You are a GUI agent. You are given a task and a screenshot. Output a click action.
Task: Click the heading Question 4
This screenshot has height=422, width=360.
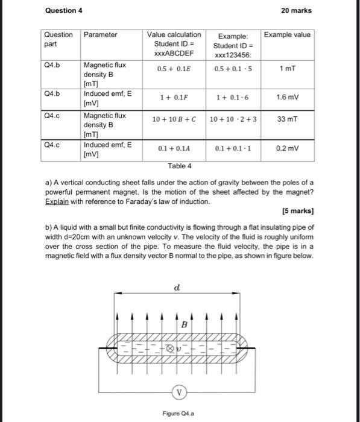coord(64,10)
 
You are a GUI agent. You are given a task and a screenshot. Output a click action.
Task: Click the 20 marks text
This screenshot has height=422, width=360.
coord(297,10)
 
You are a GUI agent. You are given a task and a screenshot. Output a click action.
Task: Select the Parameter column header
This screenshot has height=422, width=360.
coord(100,35)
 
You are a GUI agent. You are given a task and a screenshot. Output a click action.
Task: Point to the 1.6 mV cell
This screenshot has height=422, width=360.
coord(288,96)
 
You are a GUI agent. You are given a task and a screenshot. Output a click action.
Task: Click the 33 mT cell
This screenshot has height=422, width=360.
coord(287,119)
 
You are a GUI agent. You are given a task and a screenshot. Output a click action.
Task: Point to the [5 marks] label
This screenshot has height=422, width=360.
coord(298,212)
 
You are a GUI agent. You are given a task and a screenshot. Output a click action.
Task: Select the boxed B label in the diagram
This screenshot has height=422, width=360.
coord(183,325)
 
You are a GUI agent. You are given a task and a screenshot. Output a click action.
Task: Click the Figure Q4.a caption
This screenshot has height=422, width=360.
coord(179,414)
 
